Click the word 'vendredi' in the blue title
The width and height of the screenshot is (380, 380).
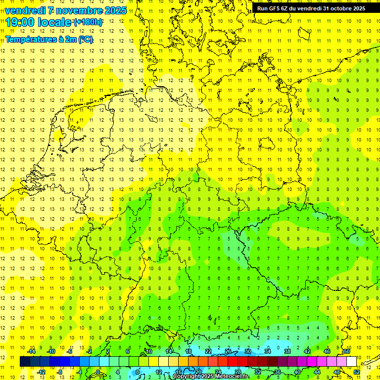pos(25,10)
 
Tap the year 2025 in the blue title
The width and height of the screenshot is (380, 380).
pos(116,10)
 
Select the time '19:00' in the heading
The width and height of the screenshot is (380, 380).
pos(19,22)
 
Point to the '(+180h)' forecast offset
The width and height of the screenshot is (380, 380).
pos(89,22)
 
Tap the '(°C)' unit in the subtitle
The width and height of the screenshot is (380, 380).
pos(85,40)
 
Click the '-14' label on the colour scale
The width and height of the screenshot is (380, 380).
pos(31,351)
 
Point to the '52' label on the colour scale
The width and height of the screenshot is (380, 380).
pos(357,372)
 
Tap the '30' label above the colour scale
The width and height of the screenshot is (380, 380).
pos(247,351)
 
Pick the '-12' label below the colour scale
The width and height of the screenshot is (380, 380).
pos(41,372)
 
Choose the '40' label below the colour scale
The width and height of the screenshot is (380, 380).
pos(297,372)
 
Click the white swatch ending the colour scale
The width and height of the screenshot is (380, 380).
pos(352,362)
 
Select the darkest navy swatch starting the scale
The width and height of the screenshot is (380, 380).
pos(25,362)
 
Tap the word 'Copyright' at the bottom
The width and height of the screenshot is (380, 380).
pos(187,377)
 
